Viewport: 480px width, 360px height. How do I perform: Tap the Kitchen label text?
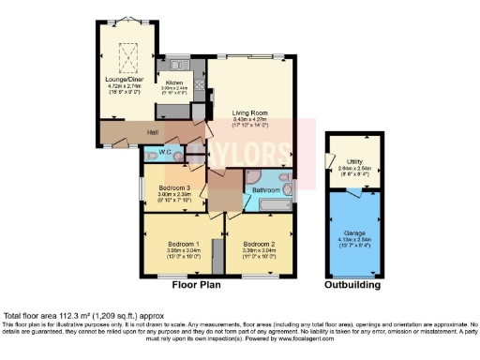click(x=173, y=82)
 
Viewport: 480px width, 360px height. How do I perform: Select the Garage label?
click(x=352, y=232)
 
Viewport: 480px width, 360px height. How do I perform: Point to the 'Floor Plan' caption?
click(x=195, y=283)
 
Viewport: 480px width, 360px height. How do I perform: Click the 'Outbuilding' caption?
click(x=352, y=283)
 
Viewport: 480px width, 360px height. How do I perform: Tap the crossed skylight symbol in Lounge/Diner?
click(x=122, y=54)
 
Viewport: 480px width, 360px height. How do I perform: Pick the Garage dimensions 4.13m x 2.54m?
click(x=352, y=242)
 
